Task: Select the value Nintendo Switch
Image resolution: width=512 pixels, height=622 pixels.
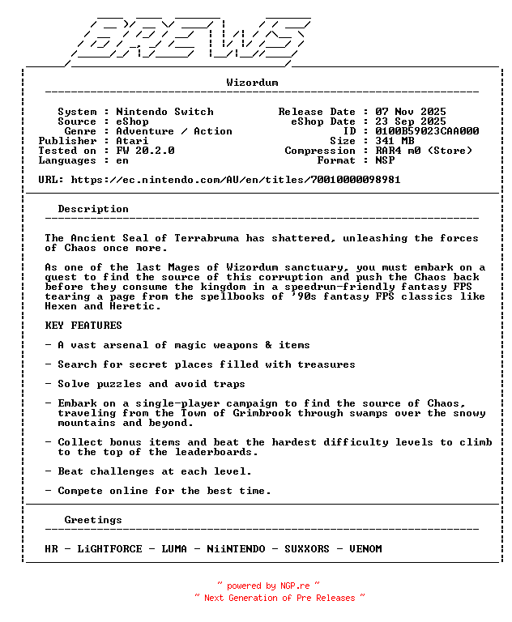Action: (x=164, y=112)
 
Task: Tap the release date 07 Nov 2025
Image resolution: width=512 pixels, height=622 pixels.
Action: (x=411, y=112)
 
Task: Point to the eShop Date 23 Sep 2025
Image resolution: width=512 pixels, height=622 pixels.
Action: (x=411, y=121)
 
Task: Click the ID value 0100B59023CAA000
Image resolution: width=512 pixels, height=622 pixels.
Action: (x=427, y=131)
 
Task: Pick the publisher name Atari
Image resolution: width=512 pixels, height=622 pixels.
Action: (x=132, y=141)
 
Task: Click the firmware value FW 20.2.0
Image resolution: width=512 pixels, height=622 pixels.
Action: (x=145, y=151)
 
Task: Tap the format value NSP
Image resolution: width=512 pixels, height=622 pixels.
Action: (x=385, y=160)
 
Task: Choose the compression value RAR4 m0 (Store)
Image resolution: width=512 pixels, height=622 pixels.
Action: (x=424, y=151)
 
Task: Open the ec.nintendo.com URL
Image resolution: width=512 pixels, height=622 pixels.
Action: (x=236, y=180)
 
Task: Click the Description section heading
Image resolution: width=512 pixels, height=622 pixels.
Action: (x=93, y=209)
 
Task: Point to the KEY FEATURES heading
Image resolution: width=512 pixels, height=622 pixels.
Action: (x=83, y=326)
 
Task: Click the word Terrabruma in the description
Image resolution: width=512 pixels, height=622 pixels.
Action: (x=210, y=238)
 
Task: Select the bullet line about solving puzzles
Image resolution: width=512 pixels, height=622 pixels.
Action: (x=145, y=384)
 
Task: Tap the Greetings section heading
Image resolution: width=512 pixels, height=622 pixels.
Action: (x=93, y=520)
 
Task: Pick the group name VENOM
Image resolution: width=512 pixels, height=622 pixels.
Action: (x=365, y=549)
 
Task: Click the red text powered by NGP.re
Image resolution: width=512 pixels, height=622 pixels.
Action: (x=268, y=586)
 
